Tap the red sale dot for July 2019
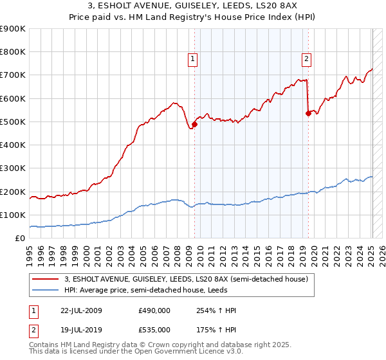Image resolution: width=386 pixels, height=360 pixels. (308, 114)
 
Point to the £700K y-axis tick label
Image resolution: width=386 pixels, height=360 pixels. (13, 75)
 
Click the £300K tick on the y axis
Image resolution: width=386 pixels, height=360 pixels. (13, 168)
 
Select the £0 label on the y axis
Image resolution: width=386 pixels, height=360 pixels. (21, 239)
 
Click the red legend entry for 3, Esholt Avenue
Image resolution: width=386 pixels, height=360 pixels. (187, 279)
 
